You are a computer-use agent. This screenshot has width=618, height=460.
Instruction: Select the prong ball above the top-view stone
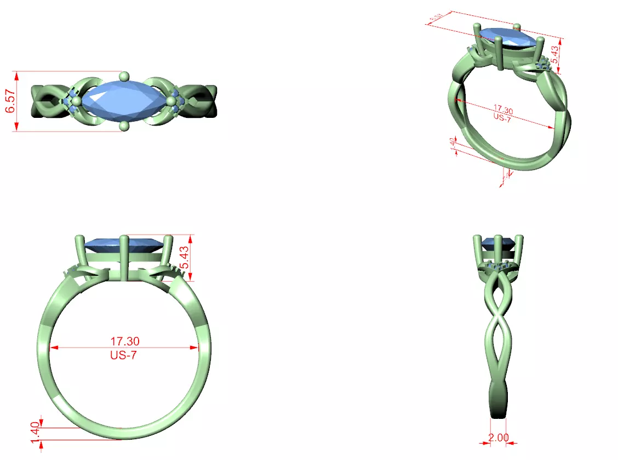tap(124, 76)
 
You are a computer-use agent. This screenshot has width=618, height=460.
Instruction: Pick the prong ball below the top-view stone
tap(124, 127)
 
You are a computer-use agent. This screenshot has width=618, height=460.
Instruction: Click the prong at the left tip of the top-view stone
tap(76, 101)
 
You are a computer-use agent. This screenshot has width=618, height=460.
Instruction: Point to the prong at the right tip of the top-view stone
tap(172, 101)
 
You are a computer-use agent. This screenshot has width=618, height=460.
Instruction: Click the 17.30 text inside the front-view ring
tap(123, 340)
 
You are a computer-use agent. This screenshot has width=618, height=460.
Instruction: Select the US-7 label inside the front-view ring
tap(123, 355)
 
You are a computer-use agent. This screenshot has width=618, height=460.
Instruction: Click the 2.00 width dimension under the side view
tap(498, 438)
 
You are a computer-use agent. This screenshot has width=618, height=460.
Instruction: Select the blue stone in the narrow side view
tap(499, 241)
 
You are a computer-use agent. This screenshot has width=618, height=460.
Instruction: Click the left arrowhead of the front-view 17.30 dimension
tap(54, 347)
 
